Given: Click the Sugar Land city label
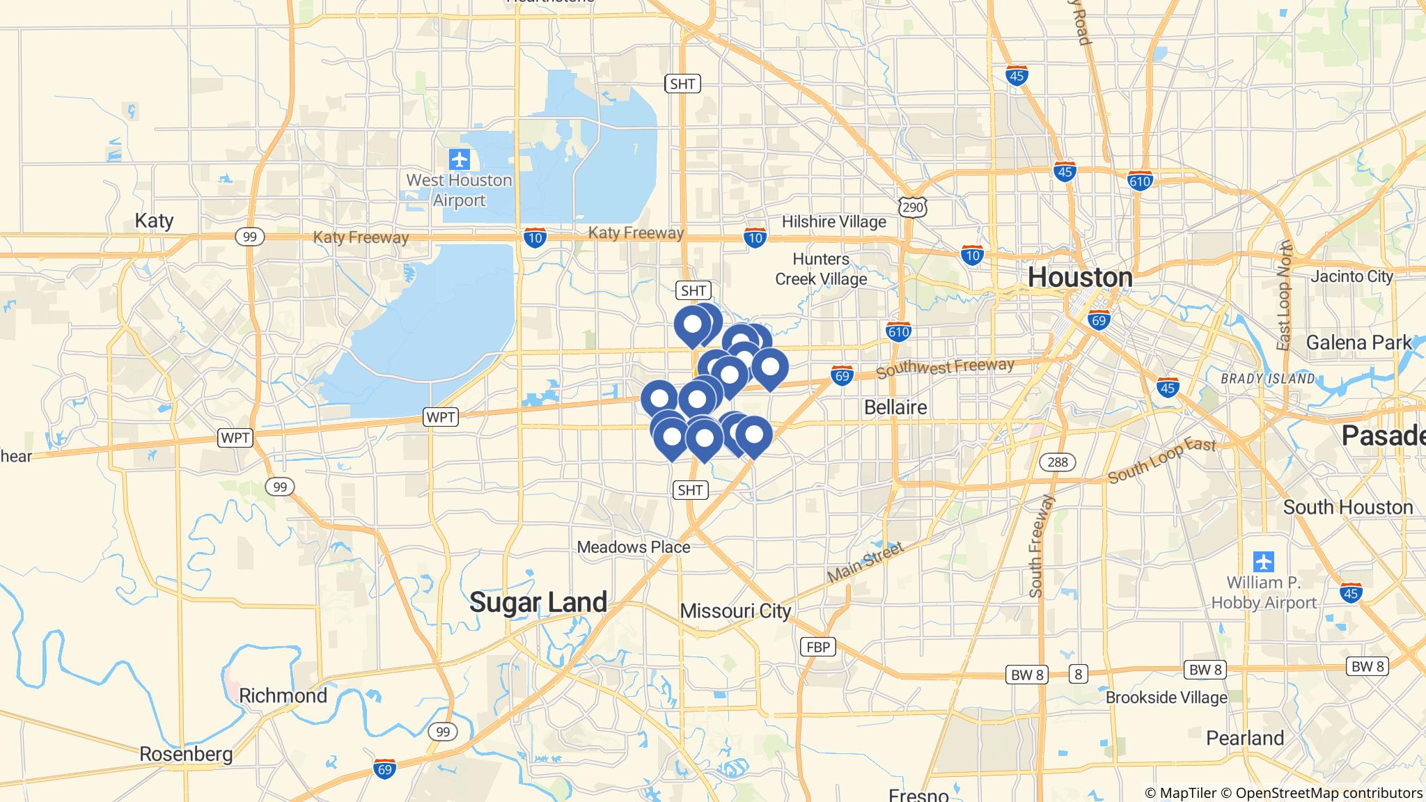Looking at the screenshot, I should [538, 602].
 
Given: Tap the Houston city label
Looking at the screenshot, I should [1080, 277].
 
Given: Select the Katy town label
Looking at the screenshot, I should [154, 221].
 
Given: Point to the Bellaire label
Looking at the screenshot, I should [895, 407].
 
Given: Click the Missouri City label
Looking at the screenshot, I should [735, 611].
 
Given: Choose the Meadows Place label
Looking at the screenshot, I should [634, 547].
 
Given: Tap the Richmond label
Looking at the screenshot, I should [283, 695].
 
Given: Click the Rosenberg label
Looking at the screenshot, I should [186, 754].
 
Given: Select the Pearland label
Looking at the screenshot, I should [1245, 738].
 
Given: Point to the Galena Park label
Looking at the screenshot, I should [1358, 343].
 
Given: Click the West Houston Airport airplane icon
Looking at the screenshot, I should [460, 159].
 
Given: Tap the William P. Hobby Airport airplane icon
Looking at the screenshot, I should [1263, 561].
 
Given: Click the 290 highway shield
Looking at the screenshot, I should [912, 207].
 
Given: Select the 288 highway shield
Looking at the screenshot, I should [1058, 462].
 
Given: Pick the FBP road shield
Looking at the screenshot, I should [817, 647].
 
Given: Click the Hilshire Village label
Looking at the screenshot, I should [833, 222].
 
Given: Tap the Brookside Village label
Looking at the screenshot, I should [1166, 698].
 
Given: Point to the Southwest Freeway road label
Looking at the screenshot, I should [945, 368].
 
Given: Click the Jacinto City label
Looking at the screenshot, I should [1351, 276].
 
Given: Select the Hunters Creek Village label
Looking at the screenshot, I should [821, 269].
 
